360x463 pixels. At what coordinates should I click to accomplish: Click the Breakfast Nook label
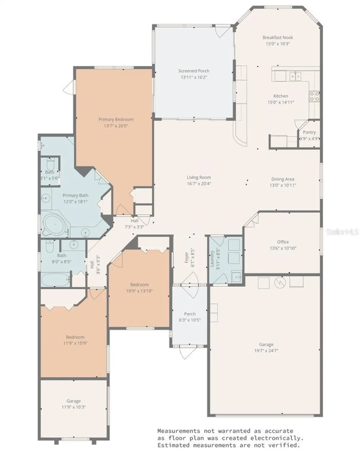(x=278, y=37)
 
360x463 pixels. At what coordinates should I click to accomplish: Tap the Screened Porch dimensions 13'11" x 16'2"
(x=194, y=77)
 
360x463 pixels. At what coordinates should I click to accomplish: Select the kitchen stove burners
(x=314, y=96)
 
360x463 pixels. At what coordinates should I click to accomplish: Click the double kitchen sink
(x=295, y=76)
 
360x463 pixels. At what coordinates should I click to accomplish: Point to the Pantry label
(x=309, y=132)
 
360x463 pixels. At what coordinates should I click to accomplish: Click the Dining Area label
(x=283, y=179)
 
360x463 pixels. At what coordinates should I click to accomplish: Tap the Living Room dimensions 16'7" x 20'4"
(x=199, y=184)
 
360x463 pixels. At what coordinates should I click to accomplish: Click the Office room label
(x=283, y=242)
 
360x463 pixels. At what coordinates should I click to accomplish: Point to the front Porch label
(x=190, y=314)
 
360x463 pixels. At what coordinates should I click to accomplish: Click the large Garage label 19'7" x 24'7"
(x=266, y=348)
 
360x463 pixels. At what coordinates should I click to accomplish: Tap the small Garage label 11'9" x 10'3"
(x=73, y=404)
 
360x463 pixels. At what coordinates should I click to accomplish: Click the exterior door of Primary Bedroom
(x=69, y=88)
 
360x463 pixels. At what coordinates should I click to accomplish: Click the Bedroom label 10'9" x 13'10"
(x=139, y=288)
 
